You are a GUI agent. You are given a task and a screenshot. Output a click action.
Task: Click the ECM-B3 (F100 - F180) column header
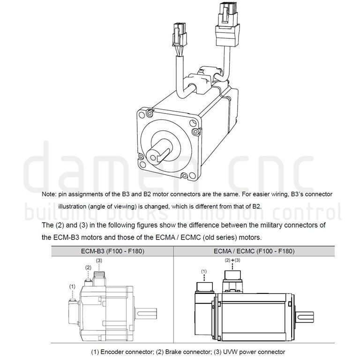pos(112,251)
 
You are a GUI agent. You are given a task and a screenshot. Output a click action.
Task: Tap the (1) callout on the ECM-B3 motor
pos(72,286)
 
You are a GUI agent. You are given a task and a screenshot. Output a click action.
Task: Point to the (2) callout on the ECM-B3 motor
pos(88,267)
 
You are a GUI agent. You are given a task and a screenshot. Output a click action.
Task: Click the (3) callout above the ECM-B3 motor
pos(99,260)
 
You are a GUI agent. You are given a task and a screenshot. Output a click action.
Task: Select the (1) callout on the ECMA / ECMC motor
pos(204,271)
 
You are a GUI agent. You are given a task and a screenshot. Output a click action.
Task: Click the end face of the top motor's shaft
pos(154,157)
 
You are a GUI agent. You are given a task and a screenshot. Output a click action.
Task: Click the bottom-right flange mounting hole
pos(184,176)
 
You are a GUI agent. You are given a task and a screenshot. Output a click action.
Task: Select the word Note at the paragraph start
pos(49,194)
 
